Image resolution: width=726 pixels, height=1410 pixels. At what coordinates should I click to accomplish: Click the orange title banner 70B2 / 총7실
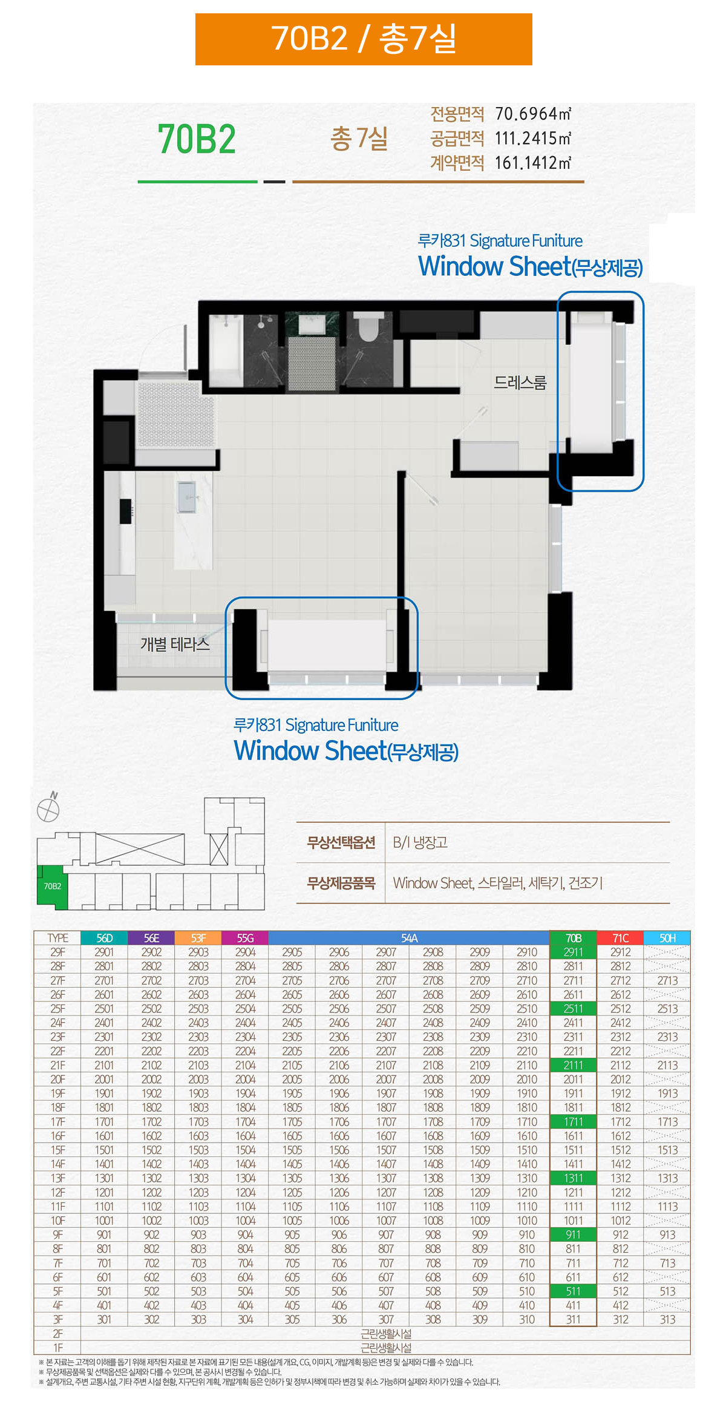click(364, 39)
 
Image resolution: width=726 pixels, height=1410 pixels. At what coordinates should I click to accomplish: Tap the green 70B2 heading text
click(197, 139)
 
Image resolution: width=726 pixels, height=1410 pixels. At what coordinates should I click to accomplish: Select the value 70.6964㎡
click(533, 114)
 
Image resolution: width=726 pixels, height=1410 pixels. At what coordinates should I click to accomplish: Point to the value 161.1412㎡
click(533, 163)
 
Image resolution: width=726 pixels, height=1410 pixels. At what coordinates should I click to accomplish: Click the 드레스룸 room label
click(520, 382)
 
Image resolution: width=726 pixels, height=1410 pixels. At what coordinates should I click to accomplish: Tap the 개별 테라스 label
click(175, 644)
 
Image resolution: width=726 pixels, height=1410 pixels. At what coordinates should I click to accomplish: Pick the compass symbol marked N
click(48, 808)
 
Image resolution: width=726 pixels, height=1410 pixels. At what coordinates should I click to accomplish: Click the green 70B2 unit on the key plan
click(52, 887)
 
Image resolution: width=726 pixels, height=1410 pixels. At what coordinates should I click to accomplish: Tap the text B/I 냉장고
click(420, 842)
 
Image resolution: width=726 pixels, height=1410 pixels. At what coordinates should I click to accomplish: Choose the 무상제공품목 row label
click(341, 884)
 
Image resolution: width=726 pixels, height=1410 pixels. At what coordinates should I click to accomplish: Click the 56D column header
click(105, 938)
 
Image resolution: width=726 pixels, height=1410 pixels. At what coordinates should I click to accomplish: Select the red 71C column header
click(620, 938)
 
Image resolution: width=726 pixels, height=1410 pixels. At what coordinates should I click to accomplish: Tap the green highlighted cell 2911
click(573, 952)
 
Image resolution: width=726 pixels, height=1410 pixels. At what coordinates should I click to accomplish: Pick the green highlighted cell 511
click(573, 1291)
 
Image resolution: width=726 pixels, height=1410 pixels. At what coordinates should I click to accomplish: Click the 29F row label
click(57, 952)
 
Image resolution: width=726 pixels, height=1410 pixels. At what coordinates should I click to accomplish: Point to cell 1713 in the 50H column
click(667, 1121)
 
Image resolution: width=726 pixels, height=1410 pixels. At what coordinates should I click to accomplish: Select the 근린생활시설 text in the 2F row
click(386, 1333)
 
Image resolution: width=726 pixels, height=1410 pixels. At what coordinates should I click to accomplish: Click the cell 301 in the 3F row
click(104, 1319)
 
